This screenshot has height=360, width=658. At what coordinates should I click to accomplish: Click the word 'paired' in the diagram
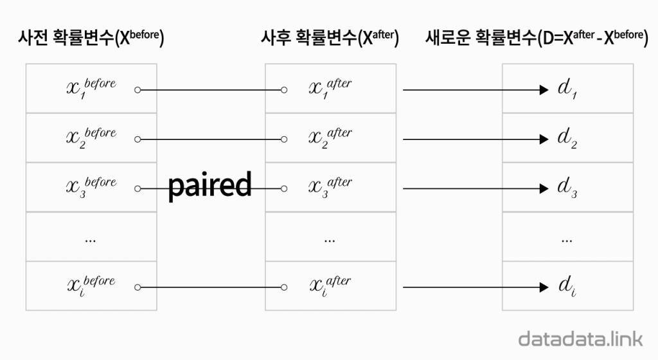point(209,186)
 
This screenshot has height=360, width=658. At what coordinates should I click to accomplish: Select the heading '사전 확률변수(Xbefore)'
point(91,38)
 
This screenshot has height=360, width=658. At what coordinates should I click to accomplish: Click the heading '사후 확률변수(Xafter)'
point(330,38)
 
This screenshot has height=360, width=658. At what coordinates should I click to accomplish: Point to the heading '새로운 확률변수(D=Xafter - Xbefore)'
point(536,38)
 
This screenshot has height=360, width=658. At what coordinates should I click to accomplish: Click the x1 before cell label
point(91,88)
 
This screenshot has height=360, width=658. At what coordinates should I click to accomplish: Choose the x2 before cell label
point(91,138)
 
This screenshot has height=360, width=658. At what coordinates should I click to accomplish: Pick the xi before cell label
point(91,285)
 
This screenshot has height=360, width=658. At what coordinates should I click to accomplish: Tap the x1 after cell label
point(330,88)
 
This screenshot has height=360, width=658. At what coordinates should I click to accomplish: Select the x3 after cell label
point(330,187)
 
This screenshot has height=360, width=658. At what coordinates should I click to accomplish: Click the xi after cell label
point(330,285)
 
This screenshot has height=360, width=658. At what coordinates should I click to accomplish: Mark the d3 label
point(567,189)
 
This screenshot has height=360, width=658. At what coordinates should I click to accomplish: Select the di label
point(567,287)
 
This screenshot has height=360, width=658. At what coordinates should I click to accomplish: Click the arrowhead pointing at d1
point(542,90)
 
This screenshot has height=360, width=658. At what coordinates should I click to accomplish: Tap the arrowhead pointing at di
point(542,287)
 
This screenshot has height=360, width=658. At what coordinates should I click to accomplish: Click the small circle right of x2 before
point(137,139)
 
